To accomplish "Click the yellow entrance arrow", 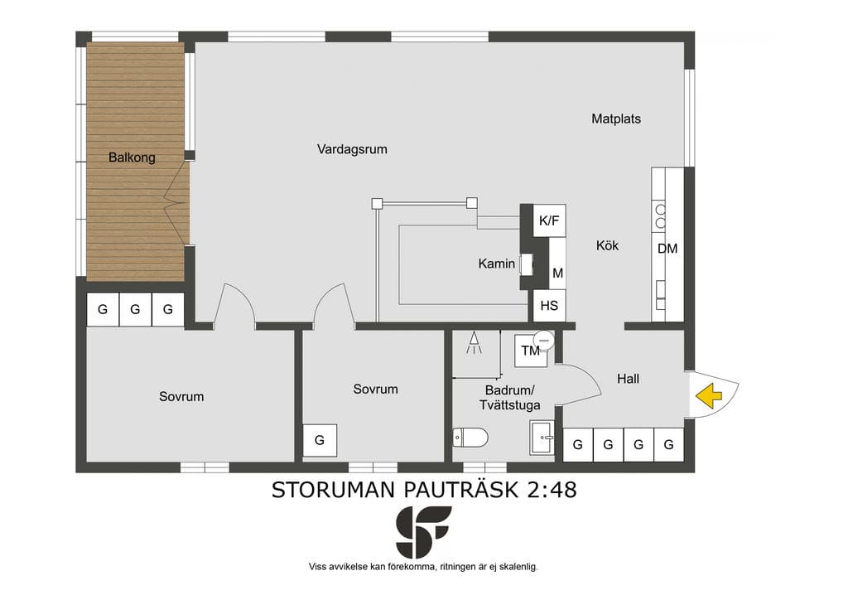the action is (709, 395).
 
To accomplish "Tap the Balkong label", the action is (132, 157).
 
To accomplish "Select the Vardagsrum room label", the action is (352, 149).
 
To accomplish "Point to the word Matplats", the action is (616, 119).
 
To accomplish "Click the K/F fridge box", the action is (550, 220).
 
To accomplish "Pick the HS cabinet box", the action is (550, 306).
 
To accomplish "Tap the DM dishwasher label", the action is (667, 249).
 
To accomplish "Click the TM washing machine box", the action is (531, 351).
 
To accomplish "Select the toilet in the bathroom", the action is (470, 437).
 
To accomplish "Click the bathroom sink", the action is (542, 437).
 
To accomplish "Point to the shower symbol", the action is (475, 342).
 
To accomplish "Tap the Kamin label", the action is (497, 264).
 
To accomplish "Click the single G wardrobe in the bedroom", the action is (320, 440).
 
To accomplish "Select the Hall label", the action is (628, 379).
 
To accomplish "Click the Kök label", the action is (607, 245).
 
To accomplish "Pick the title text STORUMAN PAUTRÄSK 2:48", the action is (424, 490).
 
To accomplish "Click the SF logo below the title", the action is (423, 532).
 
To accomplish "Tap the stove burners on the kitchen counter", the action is (660, 215).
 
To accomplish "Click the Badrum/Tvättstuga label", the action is (509, 398).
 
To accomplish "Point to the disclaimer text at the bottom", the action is (423, 567).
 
